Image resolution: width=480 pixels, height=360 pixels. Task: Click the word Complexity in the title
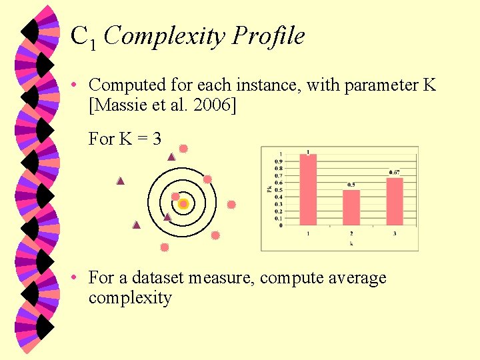[165, 36]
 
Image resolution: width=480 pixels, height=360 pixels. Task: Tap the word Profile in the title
[269, 36]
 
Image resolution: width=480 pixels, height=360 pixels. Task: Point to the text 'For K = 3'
[125, 139]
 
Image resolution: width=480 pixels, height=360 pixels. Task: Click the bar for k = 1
[307, 189]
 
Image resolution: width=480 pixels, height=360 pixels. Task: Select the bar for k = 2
[351, 207]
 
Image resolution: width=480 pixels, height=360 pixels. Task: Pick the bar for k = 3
[395, 201]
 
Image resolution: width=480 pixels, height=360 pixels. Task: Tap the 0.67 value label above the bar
[395, 173]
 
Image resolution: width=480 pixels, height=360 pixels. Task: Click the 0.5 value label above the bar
[351, 185]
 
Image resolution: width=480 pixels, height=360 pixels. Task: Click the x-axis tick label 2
[351, 233]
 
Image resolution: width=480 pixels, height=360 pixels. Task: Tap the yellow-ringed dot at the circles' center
[183, 204]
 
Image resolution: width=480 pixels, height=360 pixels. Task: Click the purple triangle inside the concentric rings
[167, 217]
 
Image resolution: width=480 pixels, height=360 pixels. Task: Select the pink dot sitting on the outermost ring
[207, 179]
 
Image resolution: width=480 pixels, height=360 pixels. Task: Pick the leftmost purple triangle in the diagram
[121, 181]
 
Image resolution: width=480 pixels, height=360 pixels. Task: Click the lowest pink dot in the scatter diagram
[165, 247]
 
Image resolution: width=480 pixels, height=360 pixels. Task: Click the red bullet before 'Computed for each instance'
[77, 85]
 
